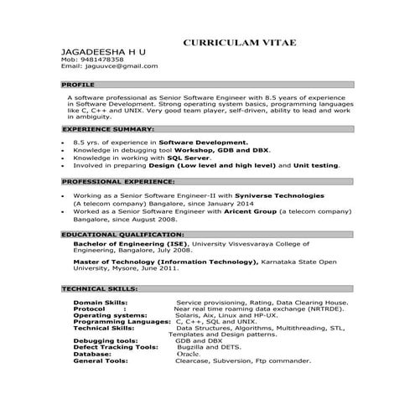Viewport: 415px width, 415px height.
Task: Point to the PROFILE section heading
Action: pyautogui.click(x=79, y=85)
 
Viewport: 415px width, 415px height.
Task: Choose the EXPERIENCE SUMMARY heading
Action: pyautogui.click(x=108, y=130)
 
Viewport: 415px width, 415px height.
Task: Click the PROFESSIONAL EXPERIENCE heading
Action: pyautogui.click(x=118, y=180)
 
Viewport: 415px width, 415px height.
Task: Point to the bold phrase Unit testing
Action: pyautogui.click(x=314, y=165)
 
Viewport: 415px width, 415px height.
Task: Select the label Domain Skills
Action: pyautogui.click(x=101, y=301)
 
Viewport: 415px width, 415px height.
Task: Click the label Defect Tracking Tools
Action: pyautogui.click(x=115, y=347)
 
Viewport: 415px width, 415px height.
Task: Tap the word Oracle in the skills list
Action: pyautogui.click(x=188, y=354)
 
